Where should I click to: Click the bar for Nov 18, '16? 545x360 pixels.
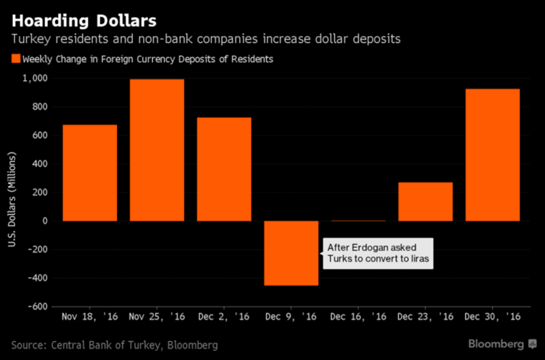[89, 172]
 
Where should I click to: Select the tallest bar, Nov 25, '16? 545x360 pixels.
[157, 150]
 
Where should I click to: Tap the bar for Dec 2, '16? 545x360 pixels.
[224, 169]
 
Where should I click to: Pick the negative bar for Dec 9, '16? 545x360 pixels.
[291, 253]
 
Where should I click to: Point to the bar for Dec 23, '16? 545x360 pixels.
[425, 202]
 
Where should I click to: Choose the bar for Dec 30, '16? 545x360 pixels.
[493, 155]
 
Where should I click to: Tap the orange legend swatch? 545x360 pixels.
[16, 59]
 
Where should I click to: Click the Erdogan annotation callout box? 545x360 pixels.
[376, 253]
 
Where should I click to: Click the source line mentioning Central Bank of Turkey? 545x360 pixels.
[115, 345]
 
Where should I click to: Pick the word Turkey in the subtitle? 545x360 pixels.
[31, 40]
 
